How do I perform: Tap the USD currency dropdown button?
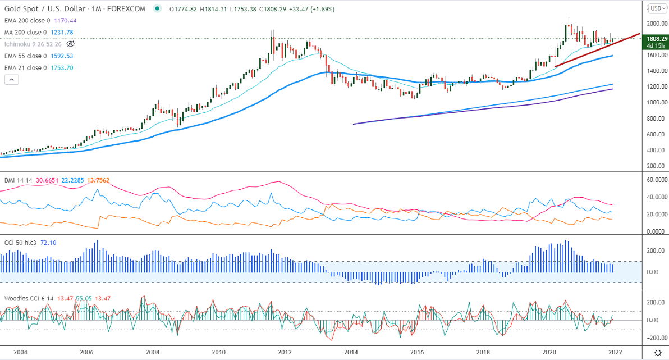656,8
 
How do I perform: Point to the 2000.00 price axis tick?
656,24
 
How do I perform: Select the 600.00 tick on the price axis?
656,134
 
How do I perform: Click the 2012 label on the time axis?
285,352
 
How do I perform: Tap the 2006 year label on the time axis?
86,352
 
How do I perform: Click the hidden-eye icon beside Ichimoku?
71,44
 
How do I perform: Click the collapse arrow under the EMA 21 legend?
11,80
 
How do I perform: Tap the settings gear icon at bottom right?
657,352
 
